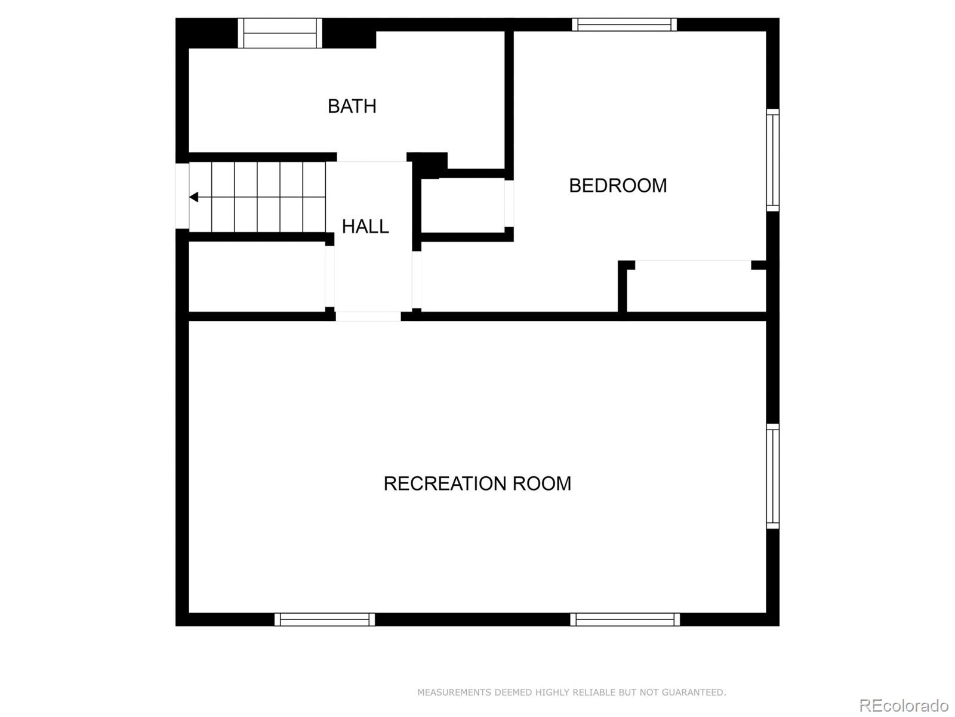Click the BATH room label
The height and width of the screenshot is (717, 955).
click(x=352, y=106)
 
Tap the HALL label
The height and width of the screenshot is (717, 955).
click(x=365, y=226)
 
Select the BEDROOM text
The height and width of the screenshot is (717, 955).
click(x=618, y=186)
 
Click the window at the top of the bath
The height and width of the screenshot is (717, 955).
click(x=280, y=33)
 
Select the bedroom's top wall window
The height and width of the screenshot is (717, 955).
click(x=624, y=24)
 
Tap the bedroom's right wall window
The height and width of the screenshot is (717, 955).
click(x=772, y=160)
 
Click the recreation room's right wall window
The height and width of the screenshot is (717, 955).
click(x=772, y=476)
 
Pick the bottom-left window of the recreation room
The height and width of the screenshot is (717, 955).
click(x=325, y=620)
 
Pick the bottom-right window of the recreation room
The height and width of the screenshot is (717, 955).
click(x=625, y=620)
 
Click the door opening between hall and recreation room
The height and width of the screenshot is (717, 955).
click(x=368, y=316)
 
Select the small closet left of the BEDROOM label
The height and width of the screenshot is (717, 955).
click(x=463, y=206)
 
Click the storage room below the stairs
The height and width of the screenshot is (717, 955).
click(x=257, y=277)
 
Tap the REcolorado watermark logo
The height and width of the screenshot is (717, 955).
click(x=903, y=705)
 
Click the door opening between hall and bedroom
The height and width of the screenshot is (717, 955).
click(x=417, y=280)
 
